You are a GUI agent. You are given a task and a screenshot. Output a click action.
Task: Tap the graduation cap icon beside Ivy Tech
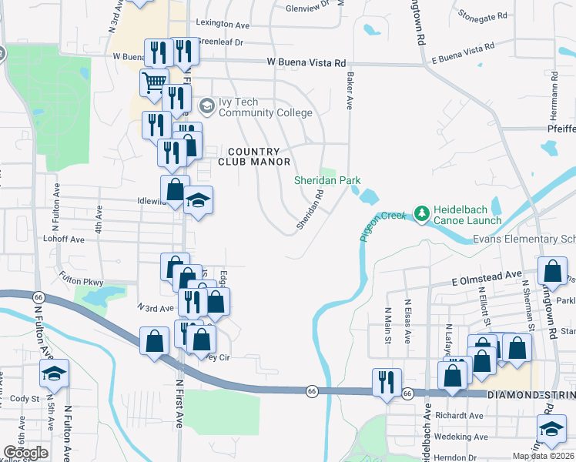206,105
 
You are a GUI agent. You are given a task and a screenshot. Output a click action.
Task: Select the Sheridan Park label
327,180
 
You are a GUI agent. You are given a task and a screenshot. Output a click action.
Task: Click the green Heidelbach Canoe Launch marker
421,212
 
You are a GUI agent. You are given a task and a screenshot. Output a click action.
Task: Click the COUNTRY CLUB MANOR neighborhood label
254,156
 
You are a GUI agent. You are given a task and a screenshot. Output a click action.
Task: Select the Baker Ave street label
350,92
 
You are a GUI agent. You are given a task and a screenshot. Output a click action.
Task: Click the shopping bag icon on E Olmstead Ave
552,270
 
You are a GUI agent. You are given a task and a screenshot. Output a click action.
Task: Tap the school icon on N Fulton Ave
53,373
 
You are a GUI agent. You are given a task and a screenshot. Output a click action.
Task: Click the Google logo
25,453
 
